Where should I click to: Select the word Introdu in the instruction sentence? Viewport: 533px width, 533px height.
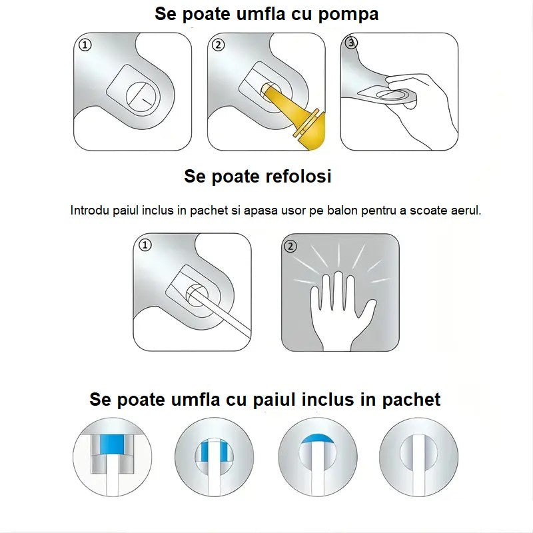tap(89, 211)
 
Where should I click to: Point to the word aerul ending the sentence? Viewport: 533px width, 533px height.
tap(466, 211)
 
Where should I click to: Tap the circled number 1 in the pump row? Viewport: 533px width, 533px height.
tap(84, 45)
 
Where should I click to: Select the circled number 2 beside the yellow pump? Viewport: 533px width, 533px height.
tap(219, 45)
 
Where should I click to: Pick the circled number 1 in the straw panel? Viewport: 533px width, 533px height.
tap(145, 245)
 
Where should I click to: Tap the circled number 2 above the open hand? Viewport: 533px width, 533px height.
tap(290, 246)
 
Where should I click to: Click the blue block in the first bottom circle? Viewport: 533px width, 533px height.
tap(112, 442)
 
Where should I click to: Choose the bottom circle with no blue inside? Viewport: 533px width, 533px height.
tap(418, 457)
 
